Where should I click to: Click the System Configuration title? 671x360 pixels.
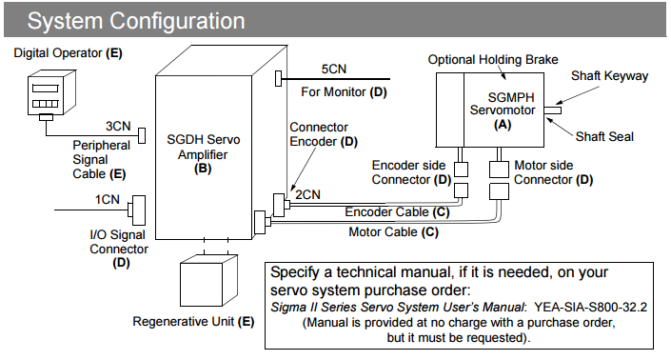pos(136,21)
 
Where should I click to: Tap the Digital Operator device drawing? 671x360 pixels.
pos(51,93)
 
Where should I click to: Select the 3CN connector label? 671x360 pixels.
pos(118,126)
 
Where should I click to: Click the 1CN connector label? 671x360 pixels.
pos(107,199)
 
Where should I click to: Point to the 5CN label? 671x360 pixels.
pos(334,69)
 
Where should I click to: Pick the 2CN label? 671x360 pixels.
pos(307,195)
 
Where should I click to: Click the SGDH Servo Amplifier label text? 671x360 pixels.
pos(204,153)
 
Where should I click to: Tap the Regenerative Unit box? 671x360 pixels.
pos(208,280)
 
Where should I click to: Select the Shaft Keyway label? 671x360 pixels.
pos(609,76)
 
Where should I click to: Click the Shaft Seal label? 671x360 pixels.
pos(604,136)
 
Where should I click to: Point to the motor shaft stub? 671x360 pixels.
pos(552,110)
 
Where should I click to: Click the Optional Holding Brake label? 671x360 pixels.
pos(493,59)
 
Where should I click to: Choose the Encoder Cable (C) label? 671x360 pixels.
pos(397,211)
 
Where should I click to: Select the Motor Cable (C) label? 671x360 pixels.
pos(394,232)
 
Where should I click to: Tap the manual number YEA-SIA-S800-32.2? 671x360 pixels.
pos(590,307)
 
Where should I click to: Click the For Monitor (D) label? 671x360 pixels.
pos(344,92)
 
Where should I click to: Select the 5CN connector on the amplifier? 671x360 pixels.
pos(279,79)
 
